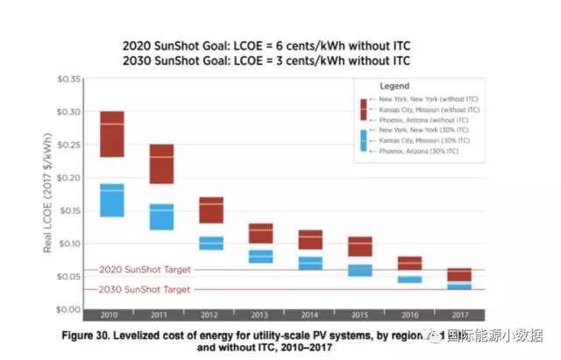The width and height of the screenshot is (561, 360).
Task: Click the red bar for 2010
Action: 111,134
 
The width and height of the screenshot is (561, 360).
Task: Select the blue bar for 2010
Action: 111,200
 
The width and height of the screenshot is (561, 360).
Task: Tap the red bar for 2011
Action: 161,164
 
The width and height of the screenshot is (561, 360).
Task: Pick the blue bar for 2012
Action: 211,243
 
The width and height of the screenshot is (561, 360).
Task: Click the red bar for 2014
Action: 311,239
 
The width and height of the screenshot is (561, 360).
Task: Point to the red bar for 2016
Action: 410,263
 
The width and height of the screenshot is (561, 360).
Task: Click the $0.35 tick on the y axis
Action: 69,80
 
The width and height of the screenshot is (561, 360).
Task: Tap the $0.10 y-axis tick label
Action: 69,244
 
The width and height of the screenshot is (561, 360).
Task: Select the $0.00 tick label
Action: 69,309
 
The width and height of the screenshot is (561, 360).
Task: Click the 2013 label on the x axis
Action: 260,314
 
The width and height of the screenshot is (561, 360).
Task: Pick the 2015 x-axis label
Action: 360,314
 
